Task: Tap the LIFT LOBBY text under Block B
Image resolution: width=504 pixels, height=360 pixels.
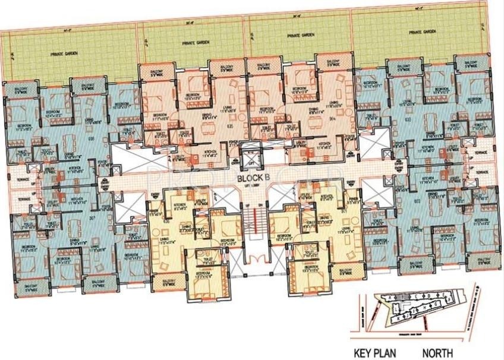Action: pos(251,187)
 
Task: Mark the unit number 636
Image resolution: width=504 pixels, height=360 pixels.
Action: pos(90,137)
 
